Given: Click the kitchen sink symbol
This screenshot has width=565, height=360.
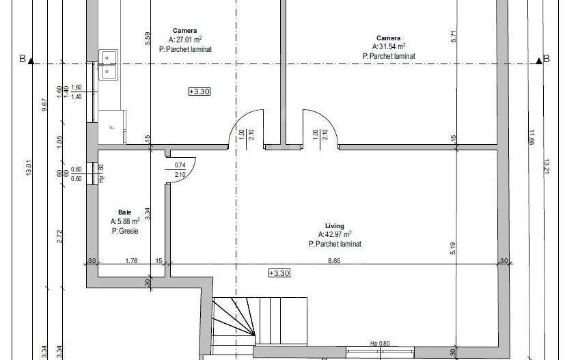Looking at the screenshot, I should (x=109, y=64).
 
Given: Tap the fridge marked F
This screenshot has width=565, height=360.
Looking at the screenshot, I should (x=111, y=127).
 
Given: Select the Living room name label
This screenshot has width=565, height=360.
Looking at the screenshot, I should (x=335, y=225).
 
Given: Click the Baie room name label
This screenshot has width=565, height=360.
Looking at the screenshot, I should (x=124, y=212).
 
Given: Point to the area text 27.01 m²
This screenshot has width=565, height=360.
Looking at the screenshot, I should (x=185, y=40).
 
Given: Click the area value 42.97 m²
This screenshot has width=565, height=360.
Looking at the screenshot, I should (x=335, y=234).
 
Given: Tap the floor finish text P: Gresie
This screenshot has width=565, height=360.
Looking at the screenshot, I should (x=125, y=232).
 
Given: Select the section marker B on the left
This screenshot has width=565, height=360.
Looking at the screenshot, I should (x=22, y=60).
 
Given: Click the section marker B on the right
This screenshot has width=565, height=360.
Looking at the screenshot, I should (x=547, y=60).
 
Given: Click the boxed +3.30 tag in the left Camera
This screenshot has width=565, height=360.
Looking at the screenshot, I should (x=199, y=91).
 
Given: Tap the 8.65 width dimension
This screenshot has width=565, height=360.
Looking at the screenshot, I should (x=335, y=260).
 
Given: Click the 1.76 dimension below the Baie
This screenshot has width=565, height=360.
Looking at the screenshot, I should (x=131, y=260).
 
